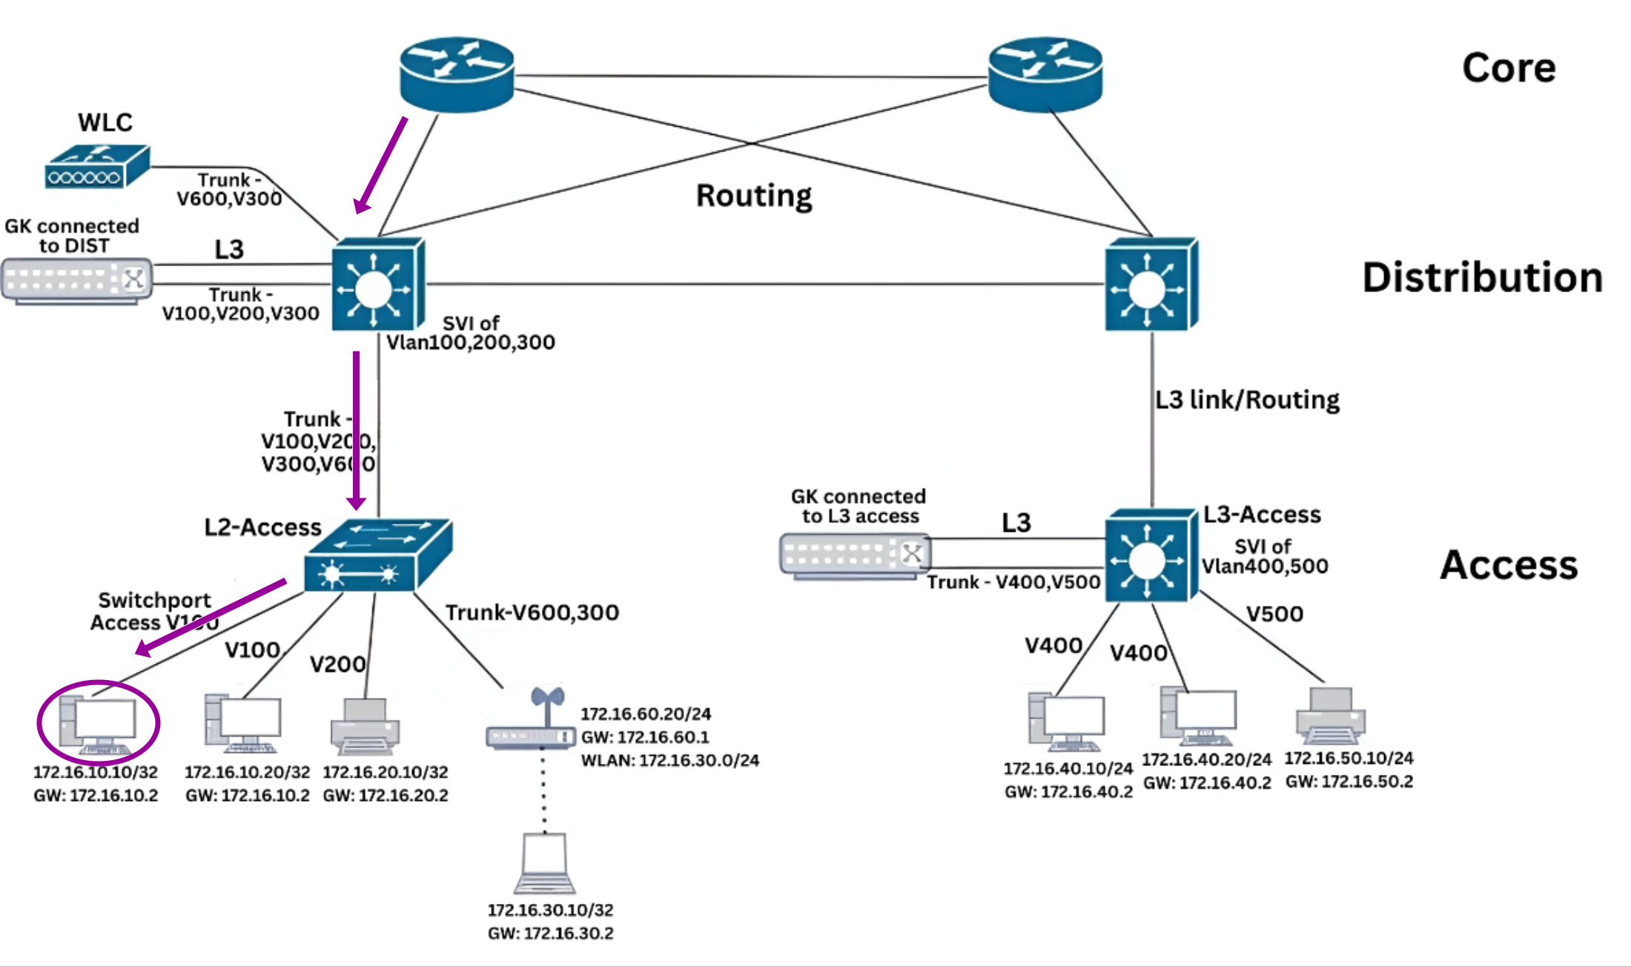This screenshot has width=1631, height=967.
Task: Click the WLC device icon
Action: tap(97, 167)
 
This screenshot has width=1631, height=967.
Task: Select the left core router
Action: tap(457, 74)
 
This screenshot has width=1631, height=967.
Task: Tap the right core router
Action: tap(1045, 74)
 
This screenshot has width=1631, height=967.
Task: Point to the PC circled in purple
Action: tap(98, 722)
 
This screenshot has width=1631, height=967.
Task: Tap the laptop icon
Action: tap(545, 864)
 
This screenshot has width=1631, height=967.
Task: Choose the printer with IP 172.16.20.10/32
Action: tap(365, 727)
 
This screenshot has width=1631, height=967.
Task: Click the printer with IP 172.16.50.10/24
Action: tap(1331, 716)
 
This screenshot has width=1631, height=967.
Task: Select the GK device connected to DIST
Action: tap(77, 281)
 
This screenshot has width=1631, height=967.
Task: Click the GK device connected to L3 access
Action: tap(855, 555)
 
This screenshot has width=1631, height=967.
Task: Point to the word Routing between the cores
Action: tap(754, 196)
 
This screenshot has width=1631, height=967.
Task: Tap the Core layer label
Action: tap(1509, 68)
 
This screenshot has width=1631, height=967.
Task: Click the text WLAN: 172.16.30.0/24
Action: tap(670, 761)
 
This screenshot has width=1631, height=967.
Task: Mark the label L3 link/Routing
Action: tap(1247, 400)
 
